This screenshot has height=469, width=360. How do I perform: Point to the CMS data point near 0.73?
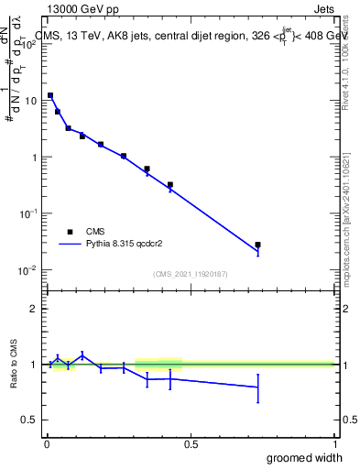[257, 245]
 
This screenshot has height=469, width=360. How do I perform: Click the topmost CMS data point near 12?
[50, 95]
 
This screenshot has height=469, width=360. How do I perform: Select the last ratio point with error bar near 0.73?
[257, 387]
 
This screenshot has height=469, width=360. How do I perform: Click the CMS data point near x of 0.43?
[170, 184]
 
